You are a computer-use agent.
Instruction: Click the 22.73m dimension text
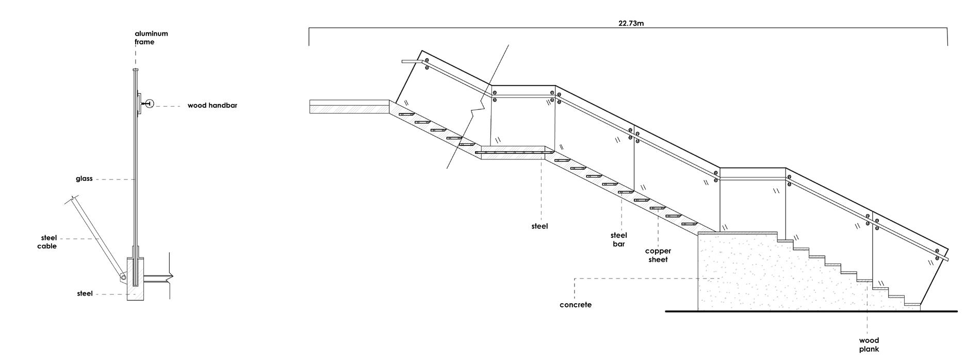pyautogui.click(x=631, y=23)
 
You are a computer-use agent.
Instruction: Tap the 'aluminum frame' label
pyautogui.click(x=151, y=38)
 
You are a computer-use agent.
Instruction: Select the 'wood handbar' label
pyautogui.click(x=212, y=105)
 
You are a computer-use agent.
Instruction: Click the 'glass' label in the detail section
pyautogui.click(x=84, y=179)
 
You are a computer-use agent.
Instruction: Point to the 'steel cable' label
pyautogui.click(x=47, y=242)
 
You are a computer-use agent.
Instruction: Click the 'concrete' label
pyautogui.click(x=576, y=305)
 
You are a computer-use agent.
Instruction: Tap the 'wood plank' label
pyautogui.click(x=869, y=345)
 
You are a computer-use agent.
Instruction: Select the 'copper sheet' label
pyautogui.click(x=658, y=255)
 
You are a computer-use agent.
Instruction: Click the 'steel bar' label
pyautogui.click(x=619, y=240)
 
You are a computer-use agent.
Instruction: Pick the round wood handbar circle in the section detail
pyautogui.click(x=150, y=104)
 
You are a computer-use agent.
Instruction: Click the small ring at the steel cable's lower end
pyautogui.click(x=123, y=277)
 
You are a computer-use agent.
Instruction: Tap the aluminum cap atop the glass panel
pyautogui.click(x=135, y=70)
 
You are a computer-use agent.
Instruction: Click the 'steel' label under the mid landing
pyautogui.click(x=539, y=226)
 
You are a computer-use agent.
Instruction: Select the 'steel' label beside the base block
pyautogui.click(x=85, y=293)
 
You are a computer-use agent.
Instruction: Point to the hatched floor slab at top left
pyautogui.click(x=349, y=106)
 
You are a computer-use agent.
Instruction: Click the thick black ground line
pyautogui.click(x=811, y=312)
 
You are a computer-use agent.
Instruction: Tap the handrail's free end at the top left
pyautogui.click(x=403, y=62)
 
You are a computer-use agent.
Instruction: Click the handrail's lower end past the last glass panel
pyautogui.click(x=947, y=259)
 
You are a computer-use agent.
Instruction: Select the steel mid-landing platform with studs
pyautogui.click(x=514, y=153)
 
